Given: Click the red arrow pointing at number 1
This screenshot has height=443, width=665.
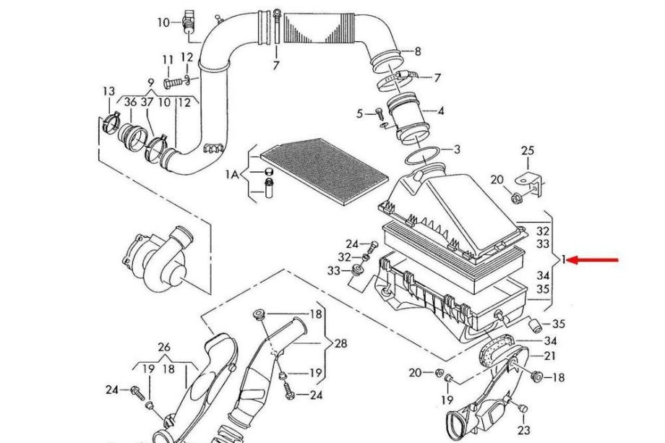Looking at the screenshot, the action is [593, 260].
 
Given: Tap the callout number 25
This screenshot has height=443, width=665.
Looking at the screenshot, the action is [528, 150].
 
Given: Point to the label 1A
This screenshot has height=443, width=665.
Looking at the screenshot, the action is [231, 174].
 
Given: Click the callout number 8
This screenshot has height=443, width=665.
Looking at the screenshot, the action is [418, 51].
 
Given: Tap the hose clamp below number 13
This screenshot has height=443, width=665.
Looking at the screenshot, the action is [112, 123].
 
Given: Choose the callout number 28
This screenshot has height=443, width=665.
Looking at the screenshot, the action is [340, 343].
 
